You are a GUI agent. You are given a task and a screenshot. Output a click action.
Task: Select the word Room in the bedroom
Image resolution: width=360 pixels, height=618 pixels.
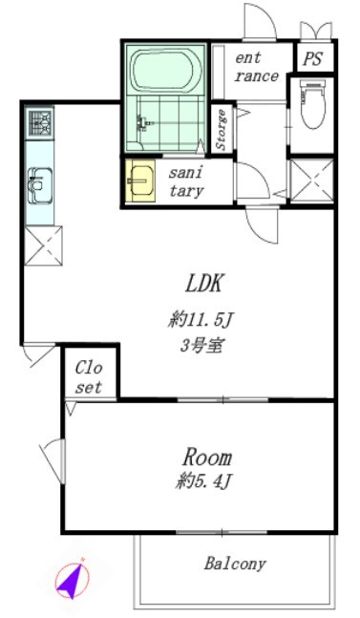pyautogui.click(x=207, y=456)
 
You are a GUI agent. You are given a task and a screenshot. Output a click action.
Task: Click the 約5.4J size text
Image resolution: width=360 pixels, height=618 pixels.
pyautogui.click(x=203, y=482)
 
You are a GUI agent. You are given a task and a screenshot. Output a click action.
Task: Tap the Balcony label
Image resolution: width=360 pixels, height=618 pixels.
pyautogui.click(x=235, y=564)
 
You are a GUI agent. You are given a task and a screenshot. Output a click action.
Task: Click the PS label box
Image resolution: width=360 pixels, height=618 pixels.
pyautogui.click(x=312, y=57)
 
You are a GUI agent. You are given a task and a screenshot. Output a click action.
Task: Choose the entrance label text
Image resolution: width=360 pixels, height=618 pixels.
pyautogui.click(x=257, y=67)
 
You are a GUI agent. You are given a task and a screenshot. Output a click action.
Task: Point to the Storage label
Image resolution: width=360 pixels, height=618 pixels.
pyautogui.click(x=222, y=131)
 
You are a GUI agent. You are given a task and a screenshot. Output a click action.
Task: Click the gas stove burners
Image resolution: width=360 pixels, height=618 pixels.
pyautogui.click(x=40, y=121)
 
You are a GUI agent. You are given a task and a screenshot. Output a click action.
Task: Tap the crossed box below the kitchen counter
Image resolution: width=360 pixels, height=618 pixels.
pyautogui.click(x=45, y=244)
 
